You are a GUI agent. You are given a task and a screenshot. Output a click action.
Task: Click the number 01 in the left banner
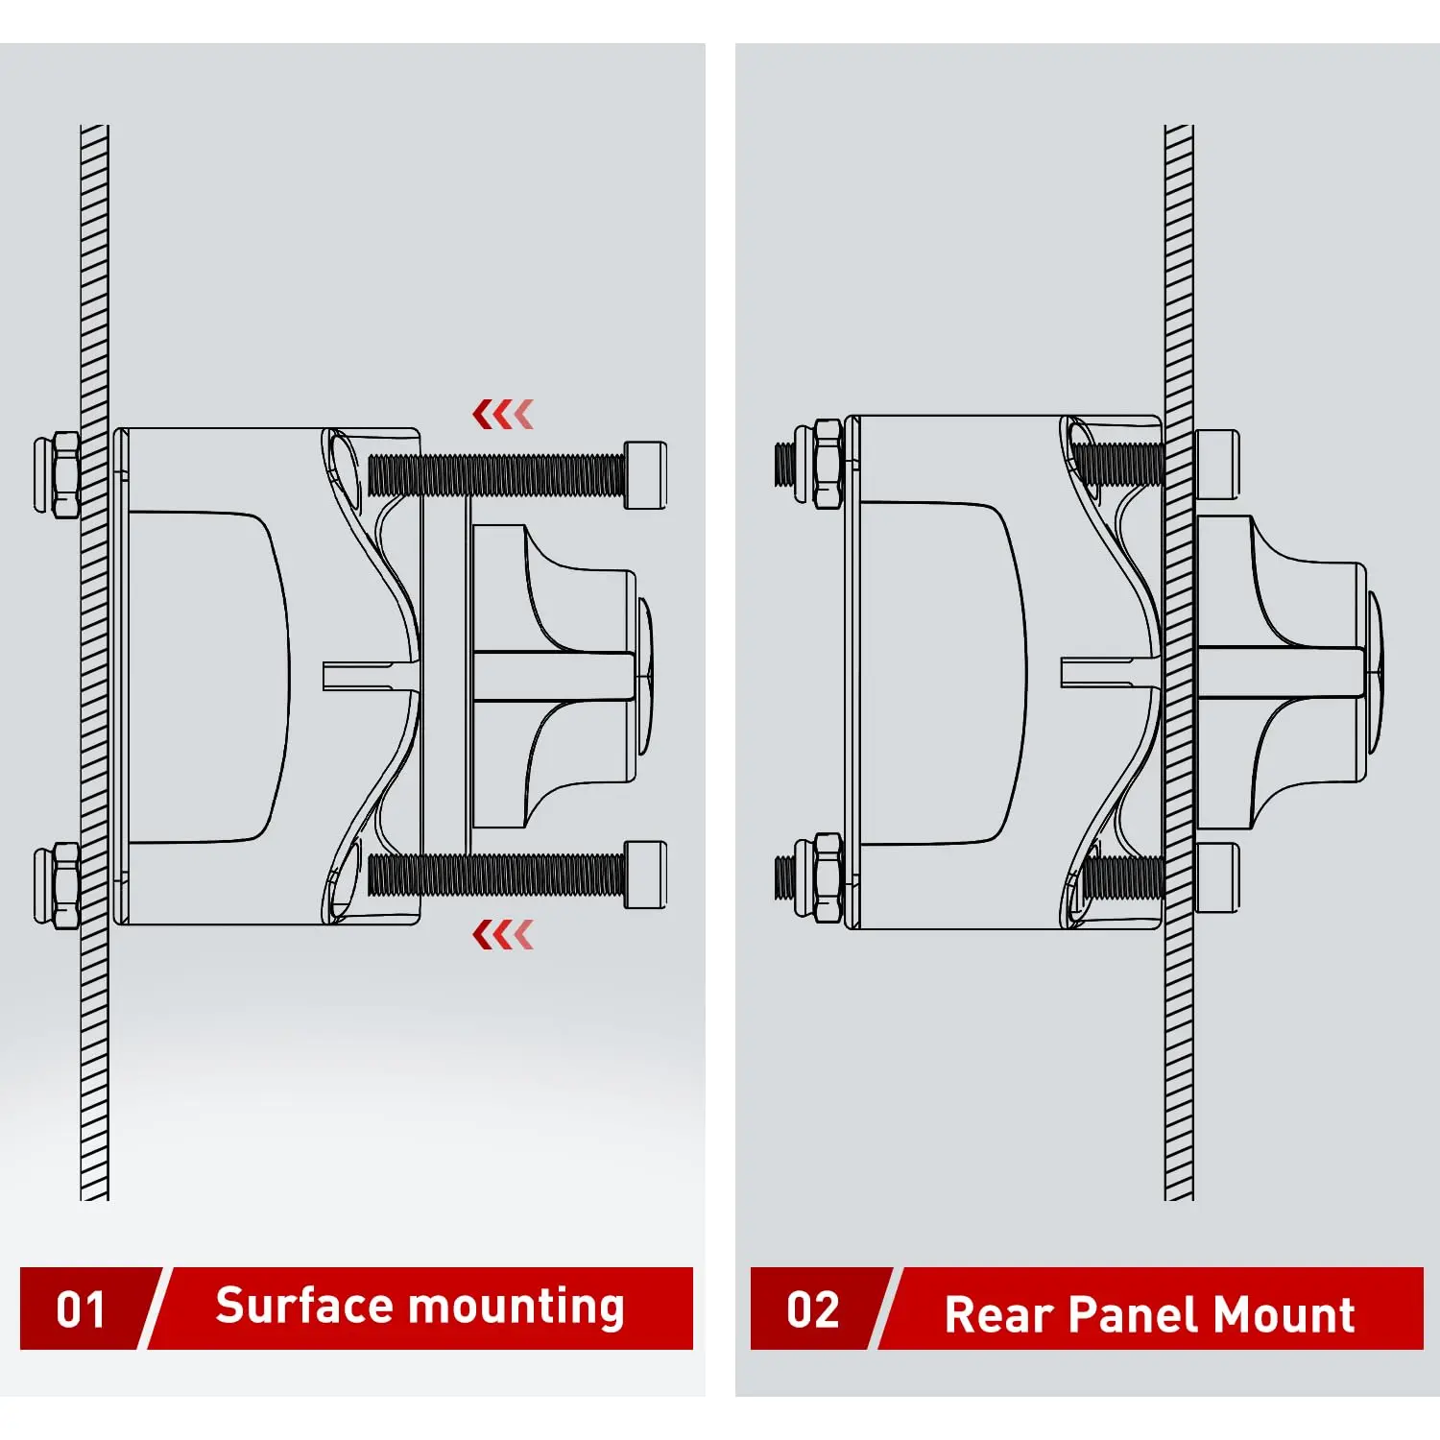[81, 1309]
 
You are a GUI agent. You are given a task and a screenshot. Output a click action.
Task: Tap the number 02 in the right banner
[813, 1309]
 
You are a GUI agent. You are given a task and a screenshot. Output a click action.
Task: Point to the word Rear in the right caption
[999, 1314]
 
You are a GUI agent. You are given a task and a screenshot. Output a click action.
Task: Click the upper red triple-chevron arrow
[503, 415]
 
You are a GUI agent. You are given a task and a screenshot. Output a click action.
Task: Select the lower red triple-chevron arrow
[503, 934]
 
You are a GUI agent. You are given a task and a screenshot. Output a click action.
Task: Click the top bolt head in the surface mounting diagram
[645, 474]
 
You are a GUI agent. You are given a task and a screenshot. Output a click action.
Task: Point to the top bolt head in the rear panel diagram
[1217, 465]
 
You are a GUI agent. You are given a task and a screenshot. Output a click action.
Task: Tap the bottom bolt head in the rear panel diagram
[1217, 877]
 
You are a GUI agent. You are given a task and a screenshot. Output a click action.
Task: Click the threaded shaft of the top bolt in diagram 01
[496, 474]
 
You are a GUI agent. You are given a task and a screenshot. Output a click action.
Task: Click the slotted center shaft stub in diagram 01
[371, 676]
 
